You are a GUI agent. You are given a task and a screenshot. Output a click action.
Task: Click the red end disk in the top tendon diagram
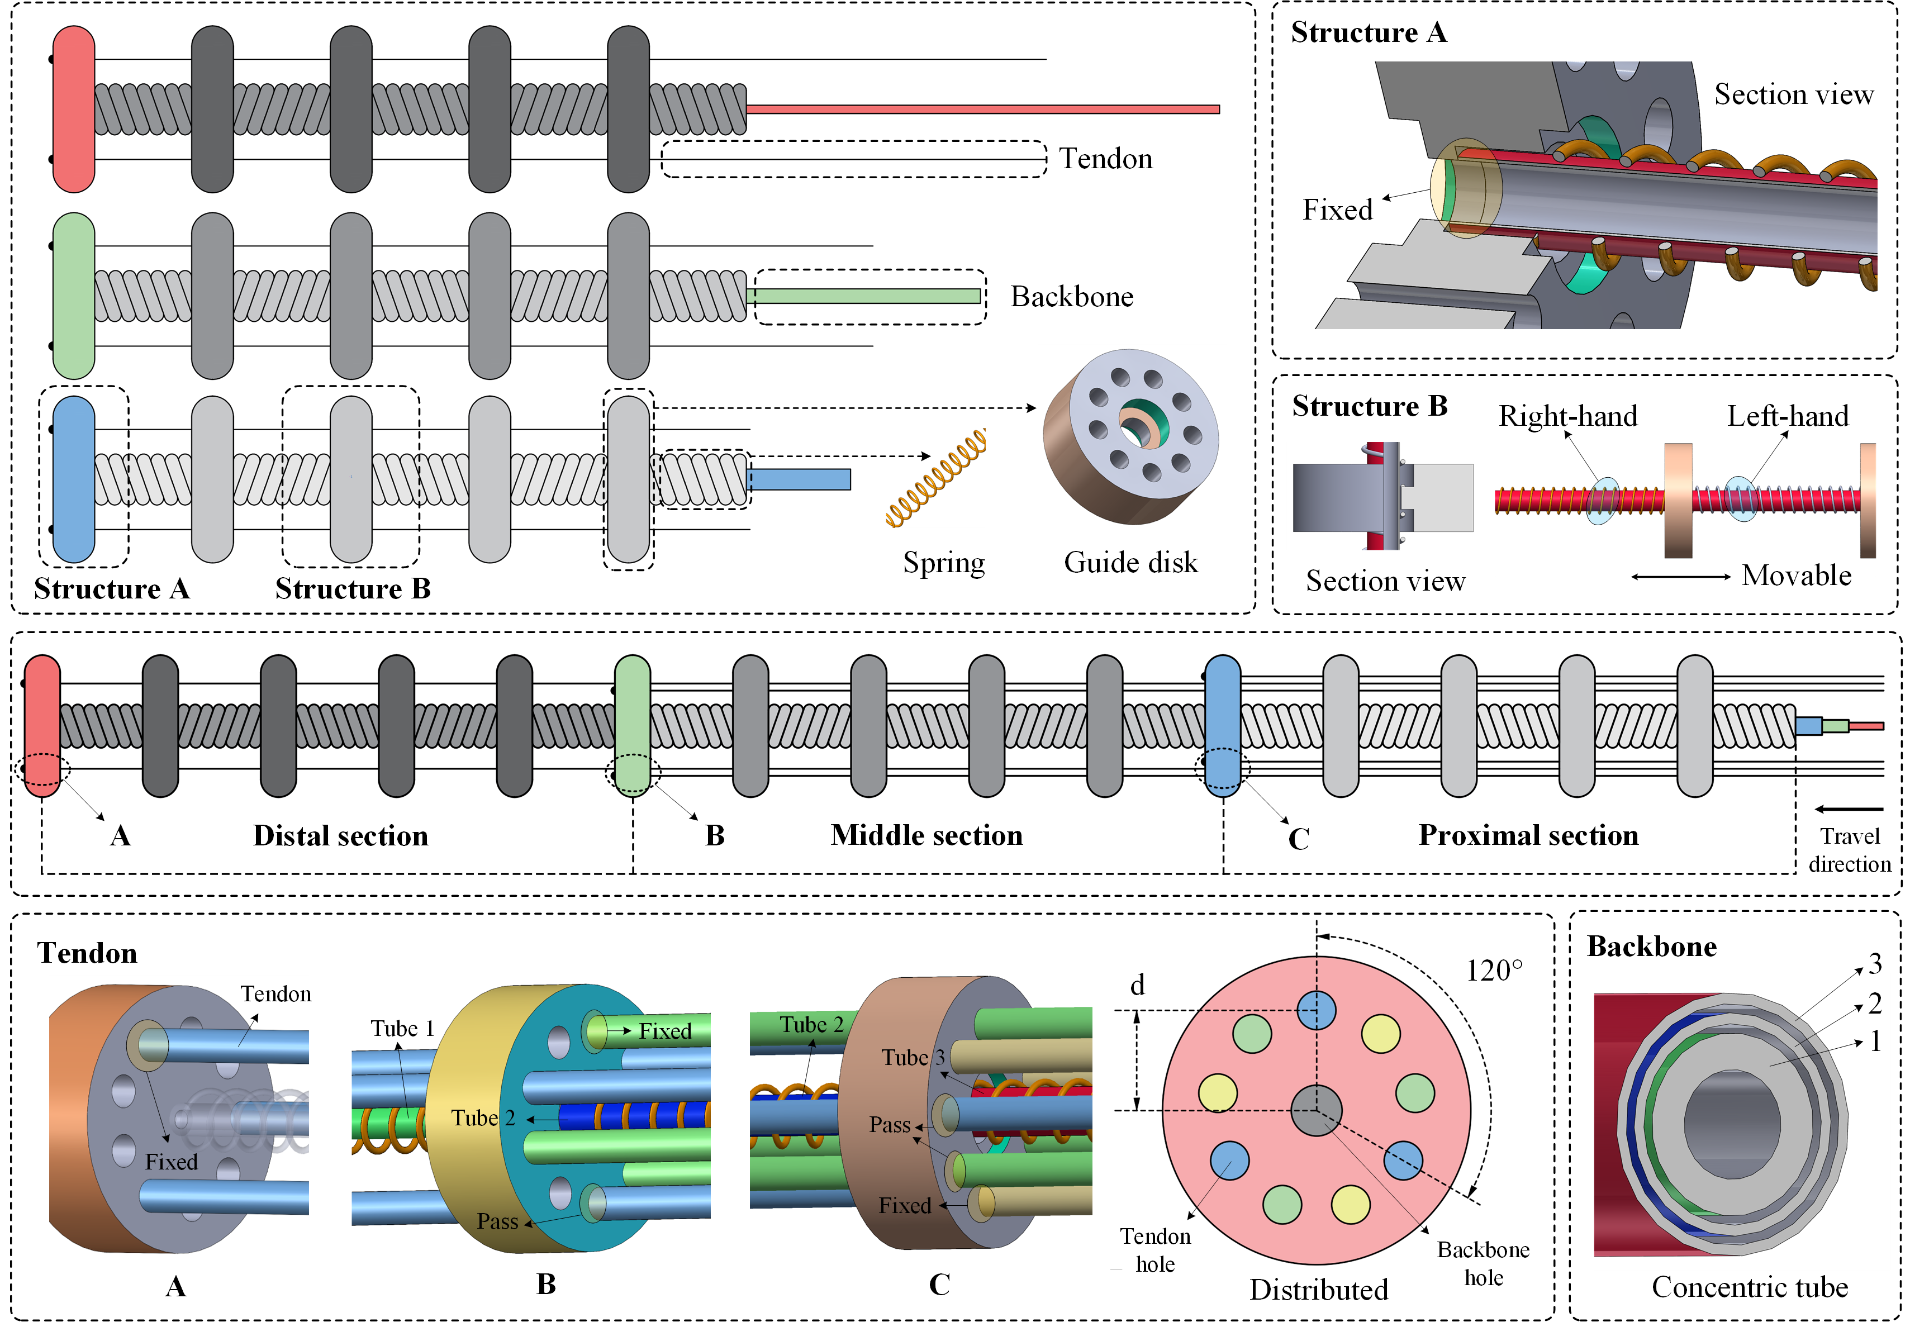73,108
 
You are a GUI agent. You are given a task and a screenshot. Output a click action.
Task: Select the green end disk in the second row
73,296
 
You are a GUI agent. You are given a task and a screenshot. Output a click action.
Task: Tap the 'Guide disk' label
1130,563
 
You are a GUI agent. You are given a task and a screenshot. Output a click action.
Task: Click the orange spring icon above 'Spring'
936,479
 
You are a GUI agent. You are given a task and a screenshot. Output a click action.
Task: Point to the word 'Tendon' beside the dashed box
1106,158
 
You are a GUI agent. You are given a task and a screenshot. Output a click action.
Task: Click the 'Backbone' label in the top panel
1072,297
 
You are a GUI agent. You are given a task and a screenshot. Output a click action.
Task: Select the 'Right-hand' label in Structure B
1568,416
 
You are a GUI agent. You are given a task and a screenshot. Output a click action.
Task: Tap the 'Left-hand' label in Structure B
1788,416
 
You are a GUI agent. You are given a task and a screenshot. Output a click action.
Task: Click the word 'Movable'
1795,576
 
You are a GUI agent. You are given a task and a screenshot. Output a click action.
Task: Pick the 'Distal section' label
340,836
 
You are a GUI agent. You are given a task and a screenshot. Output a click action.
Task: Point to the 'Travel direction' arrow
1848,809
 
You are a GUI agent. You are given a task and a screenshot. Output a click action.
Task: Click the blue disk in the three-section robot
1223,726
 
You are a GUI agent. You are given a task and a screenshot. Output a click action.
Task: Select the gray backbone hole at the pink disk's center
1316,1110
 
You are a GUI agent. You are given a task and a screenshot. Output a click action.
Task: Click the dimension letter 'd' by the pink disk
1137,985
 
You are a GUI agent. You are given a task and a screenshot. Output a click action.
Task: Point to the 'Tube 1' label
402,1029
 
